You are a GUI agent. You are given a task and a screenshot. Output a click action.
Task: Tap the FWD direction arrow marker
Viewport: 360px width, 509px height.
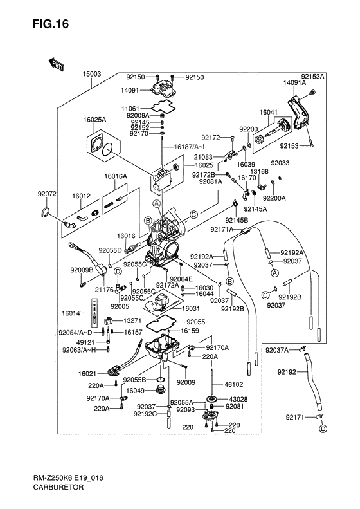point(56,63)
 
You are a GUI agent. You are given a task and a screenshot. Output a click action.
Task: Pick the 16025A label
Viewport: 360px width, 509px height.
point(94,120)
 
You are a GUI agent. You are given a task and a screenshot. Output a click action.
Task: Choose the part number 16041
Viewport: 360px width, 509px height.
point(268,113)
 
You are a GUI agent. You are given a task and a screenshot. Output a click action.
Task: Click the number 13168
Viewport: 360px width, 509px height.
point(260,172)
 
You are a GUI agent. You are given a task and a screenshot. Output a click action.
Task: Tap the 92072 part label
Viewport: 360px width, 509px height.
point(47,194)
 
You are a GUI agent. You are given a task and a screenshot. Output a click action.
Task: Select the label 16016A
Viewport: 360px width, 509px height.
point(116,176)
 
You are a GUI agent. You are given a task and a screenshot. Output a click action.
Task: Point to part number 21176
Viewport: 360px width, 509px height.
point(87,290)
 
